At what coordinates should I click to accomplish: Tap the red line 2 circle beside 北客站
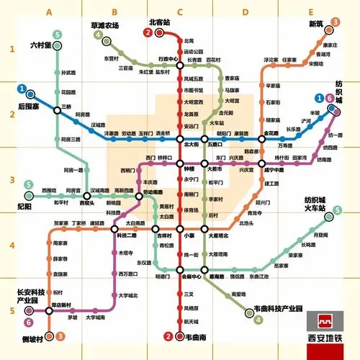tap(148, 33)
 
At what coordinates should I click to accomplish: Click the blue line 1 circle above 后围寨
tap(23, 91)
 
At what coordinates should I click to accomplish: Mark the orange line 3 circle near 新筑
tap(336, 23)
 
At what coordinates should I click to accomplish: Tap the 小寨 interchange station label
tap(189, 235)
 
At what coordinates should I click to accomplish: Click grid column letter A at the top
tap(50, 12)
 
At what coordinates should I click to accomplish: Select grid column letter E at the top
tap(310, 12)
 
